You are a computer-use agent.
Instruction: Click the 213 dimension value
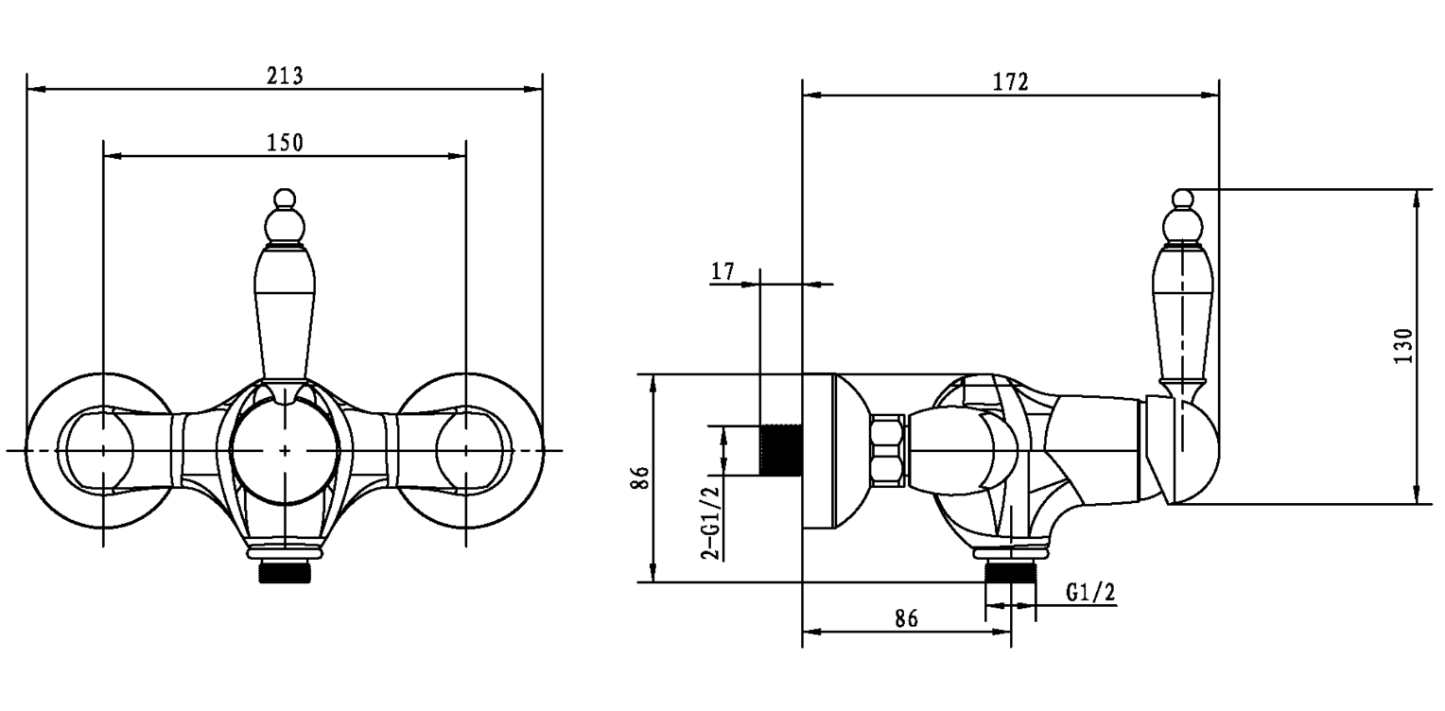click(285, 76)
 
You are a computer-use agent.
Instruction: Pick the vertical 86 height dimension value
click(642, 477)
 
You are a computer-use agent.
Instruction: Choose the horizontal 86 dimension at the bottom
click(906, 618)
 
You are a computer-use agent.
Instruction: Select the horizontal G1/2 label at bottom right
click(1090, 593)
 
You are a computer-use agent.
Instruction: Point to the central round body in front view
click(285, 450)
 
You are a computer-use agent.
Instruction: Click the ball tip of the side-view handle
click(1182, 198)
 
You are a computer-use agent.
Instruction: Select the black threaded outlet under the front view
click(285, 572)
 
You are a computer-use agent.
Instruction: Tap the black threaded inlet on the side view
click(781, 450)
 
